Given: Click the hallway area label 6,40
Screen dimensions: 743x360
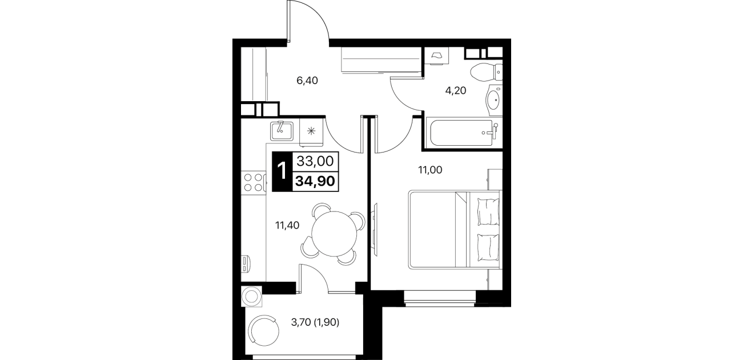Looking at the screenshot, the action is [307, 81].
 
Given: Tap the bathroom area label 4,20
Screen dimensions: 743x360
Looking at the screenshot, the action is [455, 91].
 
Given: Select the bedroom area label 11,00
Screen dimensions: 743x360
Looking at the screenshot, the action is [430, 170].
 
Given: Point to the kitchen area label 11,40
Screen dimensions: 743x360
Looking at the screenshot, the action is [287, 226].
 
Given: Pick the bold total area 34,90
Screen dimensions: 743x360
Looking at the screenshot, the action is [315, 182].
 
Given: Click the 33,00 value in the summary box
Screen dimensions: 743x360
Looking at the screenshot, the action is [315, 161].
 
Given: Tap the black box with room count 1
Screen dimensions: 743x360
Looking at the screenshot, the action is [282, 171].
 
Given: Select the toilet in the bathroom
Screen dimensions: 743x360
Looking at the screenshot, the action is [486, 71].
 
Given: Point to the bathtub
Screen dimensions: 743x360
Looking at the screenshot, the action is [464, 133].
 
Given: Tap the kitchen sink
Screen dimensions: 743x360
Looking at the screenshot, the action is [282, 131].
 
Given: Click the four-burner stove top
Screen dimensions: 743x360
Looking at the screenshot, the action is [254, 182].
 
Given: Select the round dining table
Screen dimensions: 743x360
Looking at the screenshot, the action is [334, 234].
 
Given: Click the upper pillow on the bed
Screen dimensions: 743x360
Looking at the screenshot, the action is [488, 211].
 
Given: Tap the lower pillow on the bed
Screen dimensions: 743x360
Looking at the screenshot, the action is [488, 247].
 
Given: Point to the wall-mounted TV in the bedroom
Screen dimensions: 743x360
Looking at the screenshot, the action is [375, 229].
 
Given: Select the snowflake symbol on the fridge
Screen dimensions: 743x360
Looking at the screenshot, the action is [311, 131].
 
